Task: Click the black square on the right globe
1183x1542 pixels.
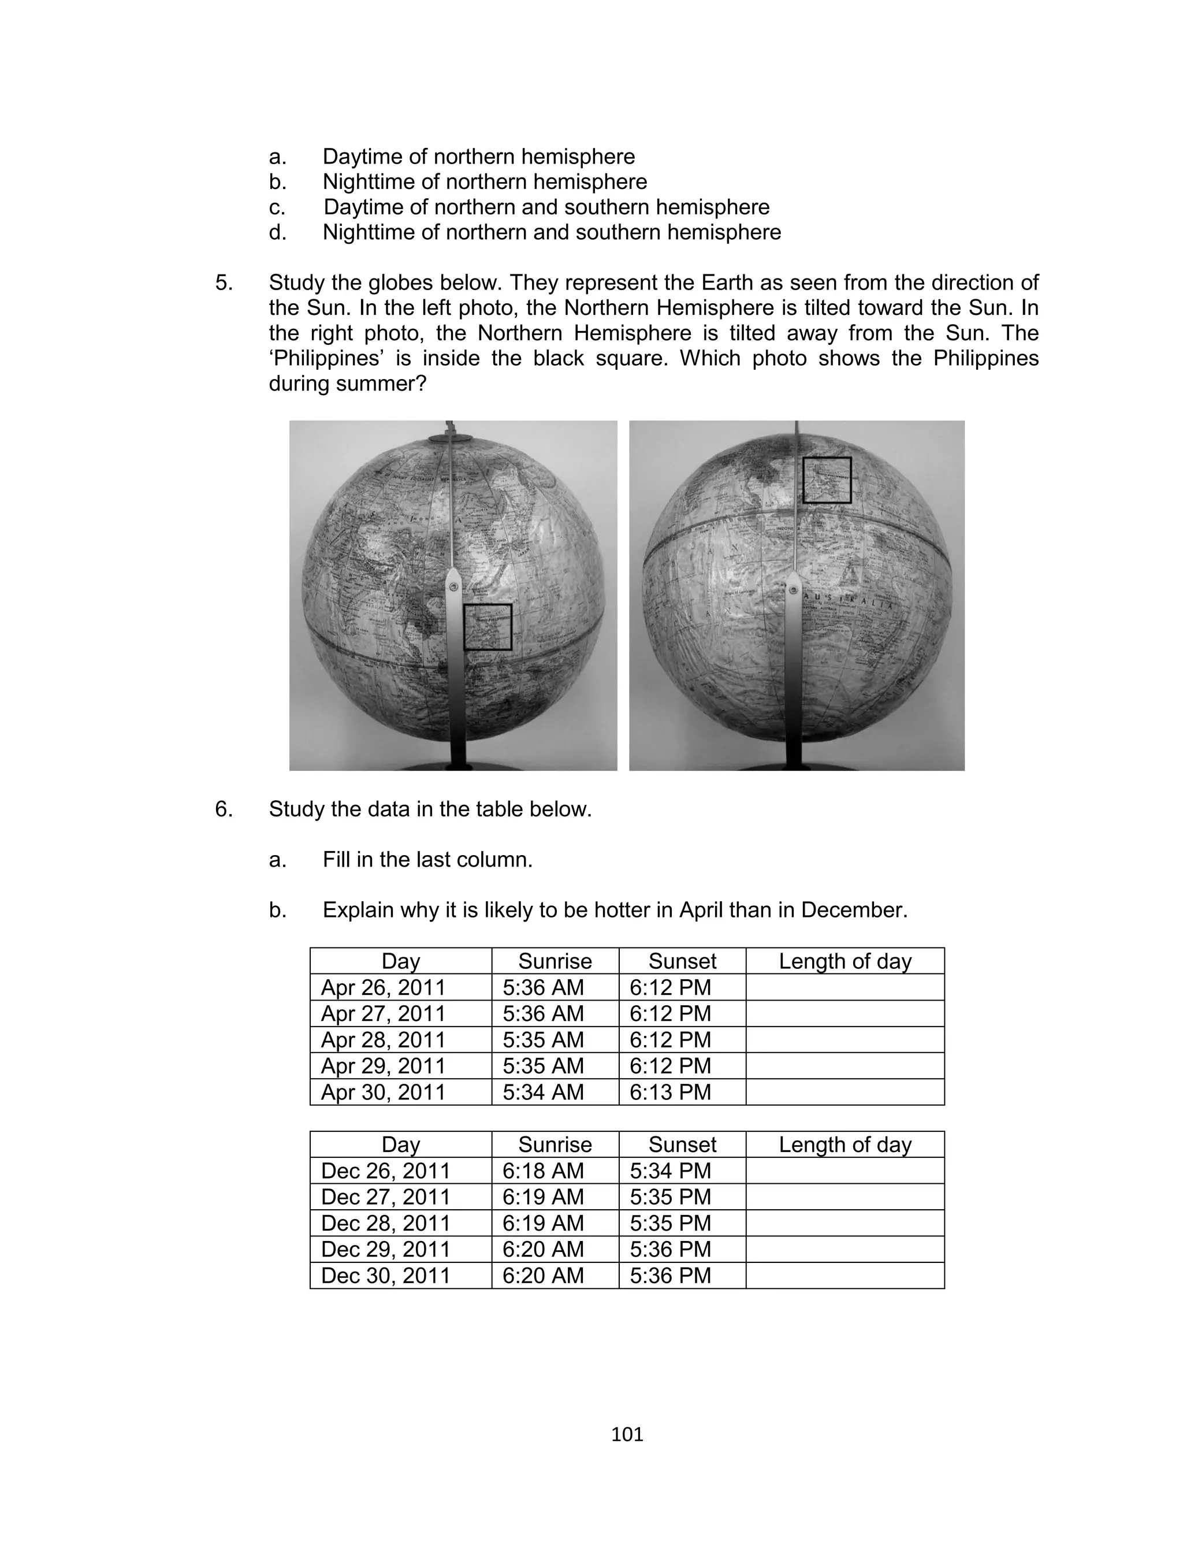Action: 827,480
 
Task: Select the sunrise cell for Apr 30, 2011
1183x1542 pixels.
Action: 543,1092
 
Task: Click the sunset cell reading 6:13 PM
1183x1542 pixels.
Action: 671,1092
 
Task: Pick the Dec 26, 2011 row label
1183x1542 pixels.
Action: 385,1171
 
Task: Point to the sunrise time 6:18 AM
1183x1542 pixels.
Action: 543,1171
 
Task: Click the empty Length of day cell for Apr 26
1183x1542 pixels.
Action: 845,987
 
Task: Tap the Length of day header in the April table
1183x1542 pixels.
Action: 845,961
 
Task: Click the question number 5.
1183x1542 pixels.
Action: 224,283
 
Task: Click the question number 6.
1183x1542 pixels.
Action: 224,809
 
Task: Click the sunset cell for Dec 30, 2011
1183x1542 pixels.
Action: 671,1275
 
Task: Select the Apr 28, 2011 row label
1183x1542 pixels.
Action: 383,1040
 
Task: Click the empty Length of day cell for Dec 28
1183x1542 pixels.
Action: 845,1223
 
